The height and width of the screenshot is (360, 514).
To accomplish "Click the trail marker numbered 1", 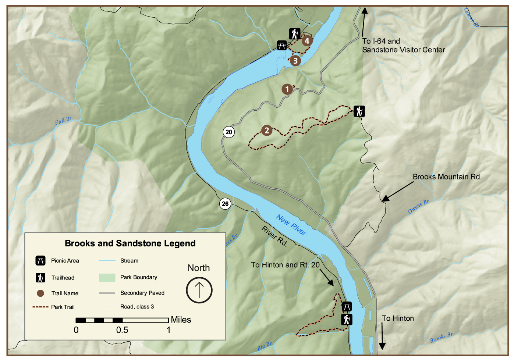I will (287, 89).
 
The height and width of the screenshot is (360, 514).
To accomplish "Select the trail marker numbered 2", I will (267, 130).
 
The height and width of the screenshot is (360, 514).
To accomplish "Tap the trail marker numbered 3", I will (295, 61).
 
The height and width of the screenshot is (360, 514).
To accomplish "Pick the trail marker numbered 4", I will (307, 41).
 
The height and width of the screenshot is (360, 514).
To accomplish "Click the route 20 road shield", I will (229, 132).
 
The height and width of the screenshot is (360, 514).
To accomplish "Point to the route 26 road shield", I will (225, 204).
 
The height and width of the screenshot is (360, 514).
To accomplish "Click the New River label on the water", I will (291, 225).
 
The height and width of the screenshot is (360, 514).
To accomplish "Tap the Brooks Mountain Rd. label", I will (447, 177).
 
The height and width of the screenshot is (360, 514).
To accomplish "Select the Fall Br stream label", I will (63, 121).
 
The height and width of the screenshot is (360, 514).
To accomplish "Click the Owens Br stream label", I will (418, 207).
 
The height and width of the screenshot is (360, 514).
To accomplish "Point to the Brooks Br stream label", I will (441, 338).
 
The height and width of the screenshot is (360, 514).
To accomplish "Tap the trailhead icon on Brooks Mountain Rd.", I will (359, 111).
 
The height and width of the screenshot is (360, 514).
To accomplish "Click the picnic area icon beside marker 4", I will (282, 46).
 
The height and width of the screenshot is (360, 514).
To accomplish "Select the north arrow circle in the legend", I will (199, 290).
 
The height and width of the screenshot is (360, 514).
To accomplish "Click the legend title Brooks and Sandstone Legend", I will (130, 243).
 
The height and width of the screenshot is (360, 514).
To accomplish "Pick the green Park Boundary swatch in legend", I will (107, 278).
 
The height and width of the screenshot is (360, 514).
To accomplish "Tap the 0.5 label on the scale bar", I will (122, 330).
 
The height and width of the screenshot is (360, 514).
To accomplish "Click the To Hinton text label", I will (398, 318).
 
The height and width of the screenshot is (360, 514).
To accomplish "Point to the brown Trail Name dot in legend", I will (40, 293).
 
